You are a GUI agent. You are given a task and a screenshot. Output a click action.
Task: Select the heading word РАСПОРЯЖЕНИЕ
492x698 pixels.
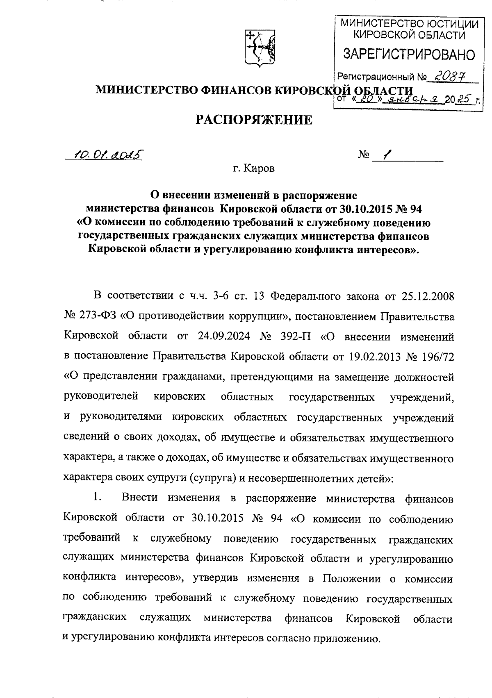coord(253,120)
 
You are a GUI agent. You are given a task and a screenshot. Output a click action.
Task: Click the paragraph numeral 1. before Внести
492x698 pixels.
coord(97,498)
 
